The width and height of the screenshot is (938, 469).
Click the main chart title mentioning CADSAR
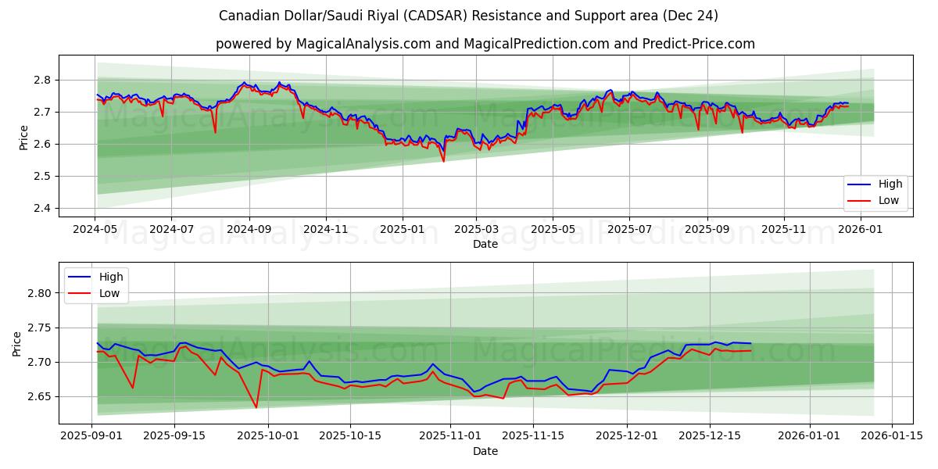[468, 16]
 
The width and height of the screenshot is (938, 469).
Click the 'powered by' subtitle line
[485, 44]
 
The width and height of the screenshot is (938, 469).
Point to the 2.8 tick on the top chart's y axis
[41, 80]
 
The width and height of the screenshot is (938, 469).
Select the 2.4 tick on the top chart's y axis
[41, 208]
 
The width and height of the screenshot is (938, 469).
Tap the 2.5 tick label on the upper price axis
[41, 176]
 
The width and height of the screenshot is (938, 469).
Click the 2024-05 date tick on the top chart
[95, 229]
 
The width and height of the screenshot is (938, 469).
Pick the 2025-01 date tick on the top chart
[403, 229]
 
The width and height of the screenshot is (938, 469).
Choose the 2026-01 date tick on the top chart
[861, 229]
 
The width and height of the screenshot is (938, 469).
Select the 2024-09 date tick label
[249, 229]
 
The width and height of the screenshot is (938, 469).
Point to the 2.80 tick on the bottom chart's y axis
[38, 293]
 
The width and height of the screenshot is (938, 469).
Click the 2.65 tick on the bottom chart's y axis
[38, 397]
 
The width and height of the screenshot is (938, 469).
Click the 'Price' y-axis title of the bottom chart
[17, 343]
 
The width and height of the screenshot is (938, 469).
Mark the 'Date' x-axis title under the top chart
[485, 244]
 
